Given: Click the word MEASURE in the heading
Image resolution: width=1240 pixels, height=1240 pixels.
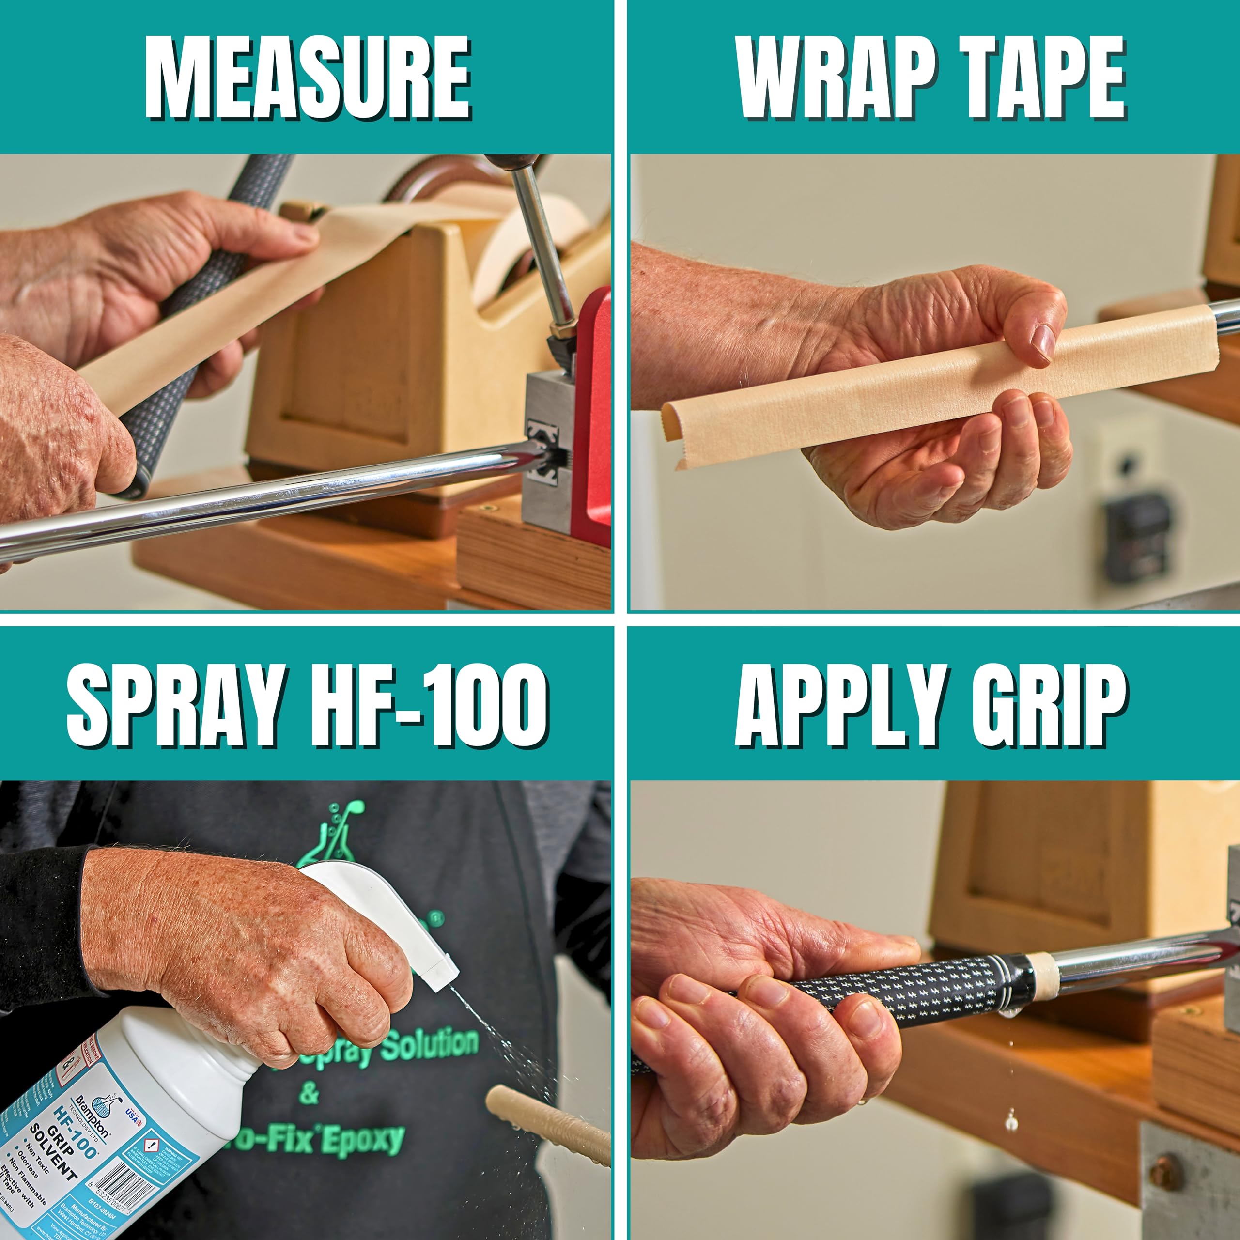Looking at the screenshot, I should click(x=308, y=78).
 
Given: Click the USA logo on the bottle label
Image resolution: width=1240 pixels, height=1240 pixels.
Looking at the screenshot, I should click(x=132, y=1113).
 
